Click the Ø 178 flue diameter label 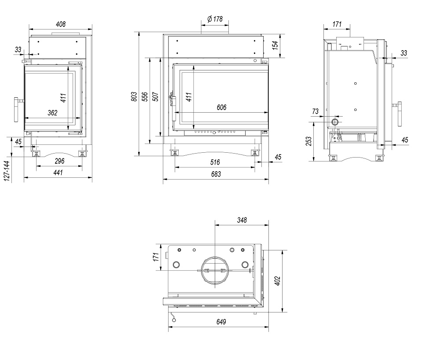pyautogui.click(x=215, y=19)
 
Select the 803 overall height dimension pyautogui.click(x=134, y=97)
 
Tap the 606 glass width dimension pyautogui.click(x=221, y=107)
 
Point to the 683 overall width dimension pyautogui.click(x=216, y=174)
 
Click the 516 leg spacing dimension pyautogui.click(x=215, y=162)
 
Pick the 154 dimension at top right pyautogui.click(x=275, y=45)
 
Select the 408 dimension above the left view pyautogui.click(x=61, y=25)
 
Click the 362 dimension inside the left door pyautogui.click(x=52, y=113)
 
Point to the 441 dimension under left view pyautogui.click(x=58, y=173)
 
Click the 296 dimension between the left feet pyautogui.click(x=59, y=161)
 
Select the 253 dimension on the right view pyautogui.click(x=308, y=141)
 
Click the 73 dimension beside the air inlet pyautogui.click(x=315, y=112)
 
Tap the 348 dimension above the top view pyautogui.click(x=242, y=220)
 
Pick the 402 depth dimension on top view pyautogui.click(x=277, y=281)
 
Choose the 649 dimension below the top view pyautogui.click(x=221, y=322)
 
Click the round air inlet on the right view pyautogui.click(x=335, y=121)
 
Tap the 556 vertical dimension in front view pyautogui.click(x=145, y=97)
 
